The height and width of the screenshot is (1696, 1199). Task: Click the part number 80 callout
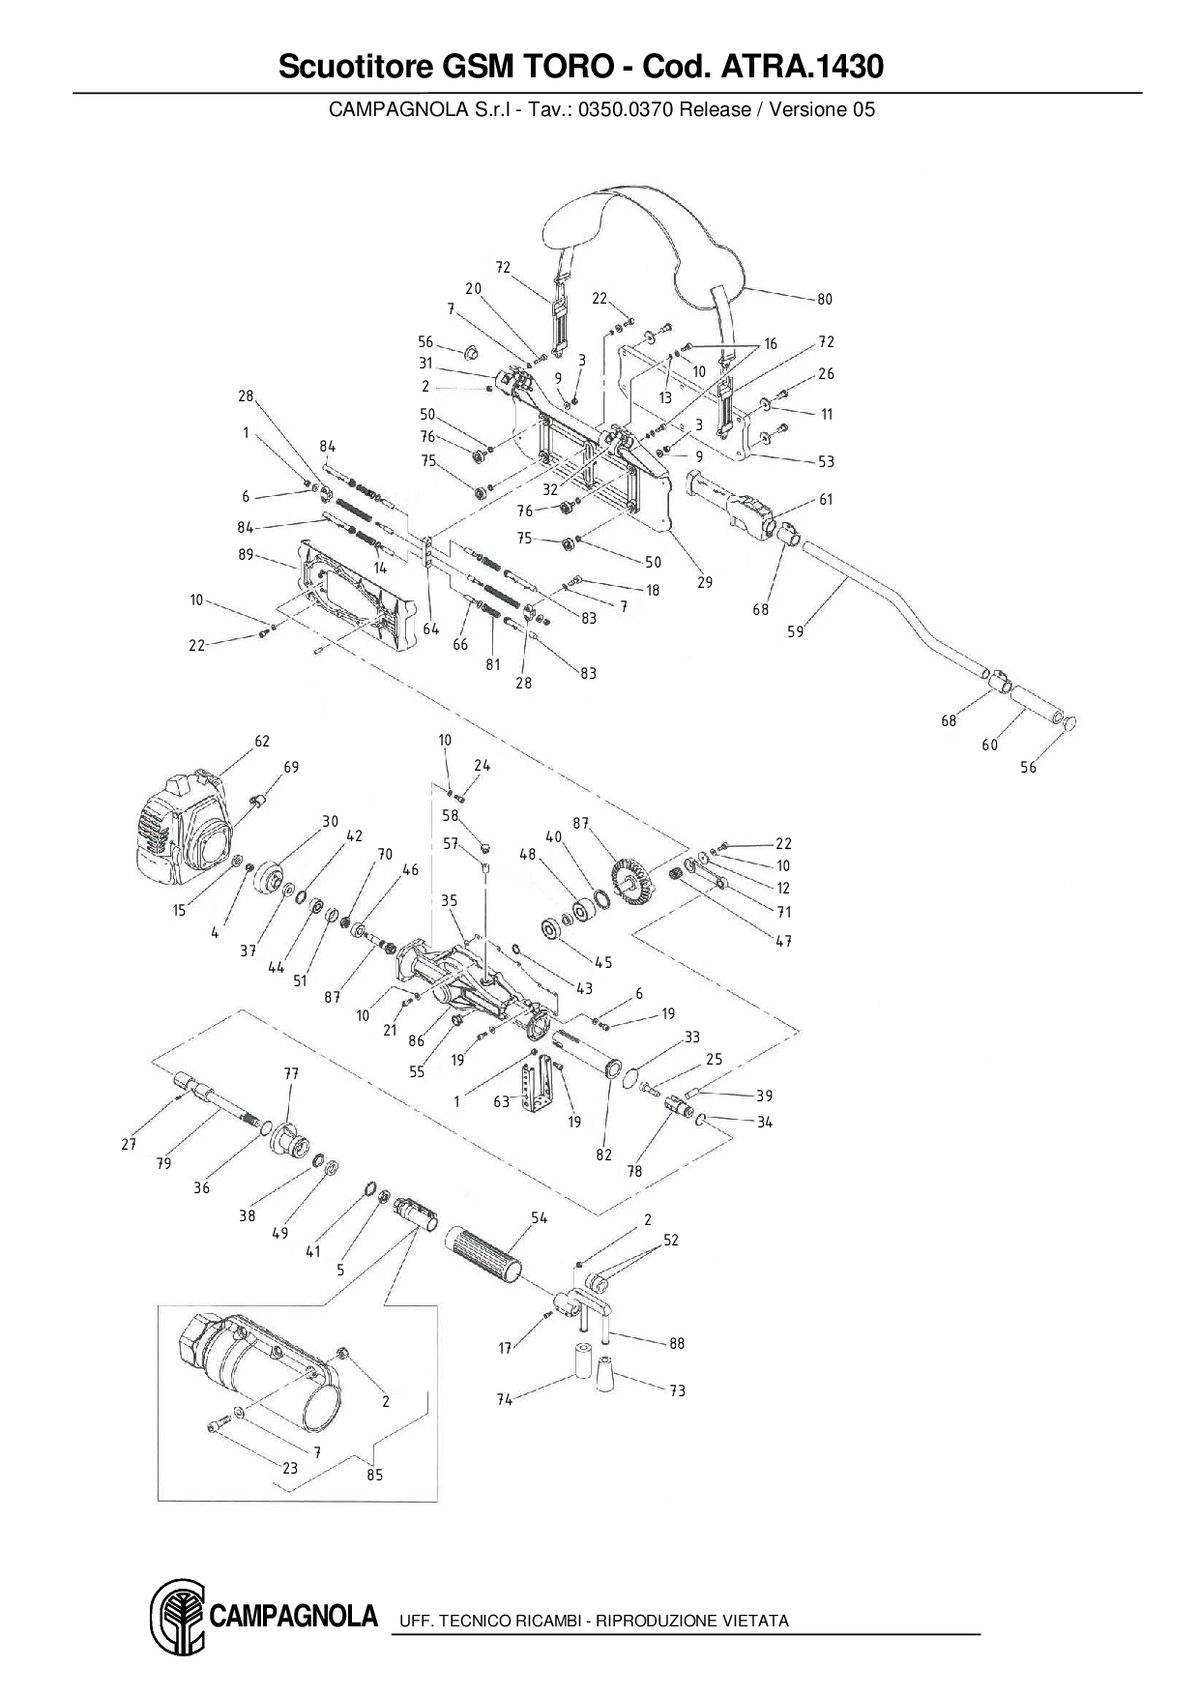click(824, 299)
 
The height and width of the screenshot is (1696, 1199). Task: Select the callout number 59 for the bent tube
click(795, 631)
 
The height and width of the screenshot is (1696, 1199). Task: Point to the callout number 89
click(246, 554)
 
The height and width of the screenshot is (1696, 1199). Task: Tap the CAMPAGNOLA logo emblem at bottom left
click(176, 1620)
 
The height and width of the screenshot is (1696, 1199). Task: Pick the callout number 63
click(501, 1101)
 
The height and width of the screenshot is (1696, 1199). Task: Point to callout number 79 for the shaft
click(163, 1163)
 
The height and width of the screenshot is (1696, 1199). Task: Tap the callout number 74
click(505, 1399)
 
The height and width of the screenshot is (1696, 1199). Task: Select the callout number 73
click(677, 1390)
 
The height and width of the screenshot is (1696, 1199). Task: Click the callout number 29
click(705, 582)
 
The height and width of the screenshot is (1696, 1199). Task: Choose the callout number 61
click(825, 499)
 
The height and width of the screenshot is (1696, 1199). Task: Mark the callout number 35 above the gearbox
click(450, 900)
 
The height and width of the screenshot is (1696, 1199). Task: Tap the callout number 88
click(677, 1343)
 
